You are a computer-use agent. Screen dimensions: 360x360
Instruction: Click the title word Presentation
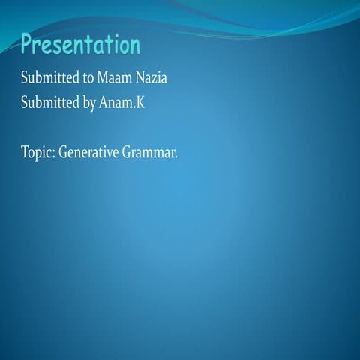coord(80,46)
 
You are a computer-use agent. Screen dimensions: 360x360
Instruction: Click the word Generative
coord(88,152)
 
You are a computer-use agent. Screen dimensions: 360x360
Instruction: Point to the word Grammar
coord(150,152)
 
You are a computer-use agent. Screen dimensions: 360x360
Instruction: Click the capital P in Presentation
coord(28,46)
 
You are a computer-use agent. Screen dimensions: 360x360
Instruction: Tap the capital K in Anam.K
coord(139,102)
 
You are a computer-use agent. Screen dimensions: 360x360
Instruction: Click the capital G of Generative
coord(63,152)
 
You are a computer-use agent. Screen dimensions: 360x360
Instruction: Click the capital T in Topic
coord(25,152)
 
